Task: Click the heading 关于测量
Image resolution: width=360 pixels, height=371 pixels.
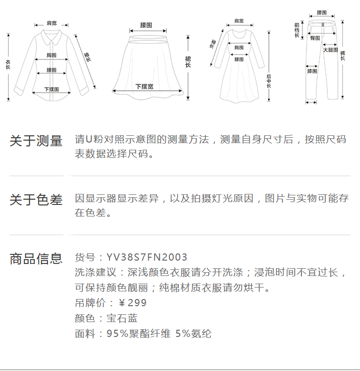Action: coord(36,141)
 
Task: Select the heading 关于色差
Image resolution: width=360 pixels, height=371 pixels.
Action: coord(36,200)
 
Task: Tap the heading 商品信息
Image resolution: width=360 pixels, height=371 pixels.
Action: coord(36,258)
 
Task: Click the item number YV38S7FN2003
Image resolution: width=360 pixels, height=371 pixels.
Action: coord(147,257)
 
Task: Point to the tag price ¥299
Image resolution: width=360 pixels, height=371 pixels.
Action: coord(133,303)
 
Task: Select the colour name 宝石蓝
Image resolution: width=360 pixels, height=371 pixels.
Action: coord(122,318)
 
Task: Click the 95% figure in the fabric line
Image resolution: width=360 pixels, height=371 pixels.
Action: coord(117,334)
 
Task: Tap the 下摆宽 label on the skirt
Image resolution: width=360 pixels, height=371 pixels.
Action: coord(144,86)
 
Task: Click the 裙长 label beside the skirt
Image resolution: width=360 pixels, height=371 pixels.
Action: coord(188,62)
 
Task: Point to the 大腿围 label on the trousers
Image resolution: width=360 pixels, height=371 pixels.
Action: coord(331,50)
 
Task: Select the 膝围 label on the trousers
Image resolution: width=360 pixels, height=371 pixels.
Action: coord(312,71)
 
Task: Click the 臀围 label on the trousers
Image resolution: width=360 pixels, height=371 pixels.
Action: coord(315,38)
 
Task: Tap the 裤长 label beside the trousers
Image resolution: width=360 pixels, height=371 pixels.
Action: coord(343,56)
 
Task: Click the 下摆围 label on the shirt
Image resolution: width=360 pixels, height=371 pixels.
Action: coord(51,89)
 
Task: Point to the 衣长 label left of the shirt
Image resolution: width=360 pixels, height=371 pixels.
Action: coord(8,64)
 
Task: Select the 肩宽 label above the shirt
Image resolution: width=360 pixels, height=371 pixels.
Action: coord(51,23)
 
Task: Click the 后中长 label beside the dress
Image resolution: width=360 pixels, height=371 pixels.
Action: coord(269,81)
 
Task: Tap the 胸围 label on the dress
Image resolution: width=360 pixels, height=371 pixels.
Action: coord(239,48)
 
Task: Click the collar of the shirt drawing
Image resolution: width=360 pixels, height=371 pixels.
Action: coord(51,37)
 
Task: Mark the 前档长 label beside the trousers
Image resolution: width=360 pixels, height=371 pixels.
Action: coord(297,30)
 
